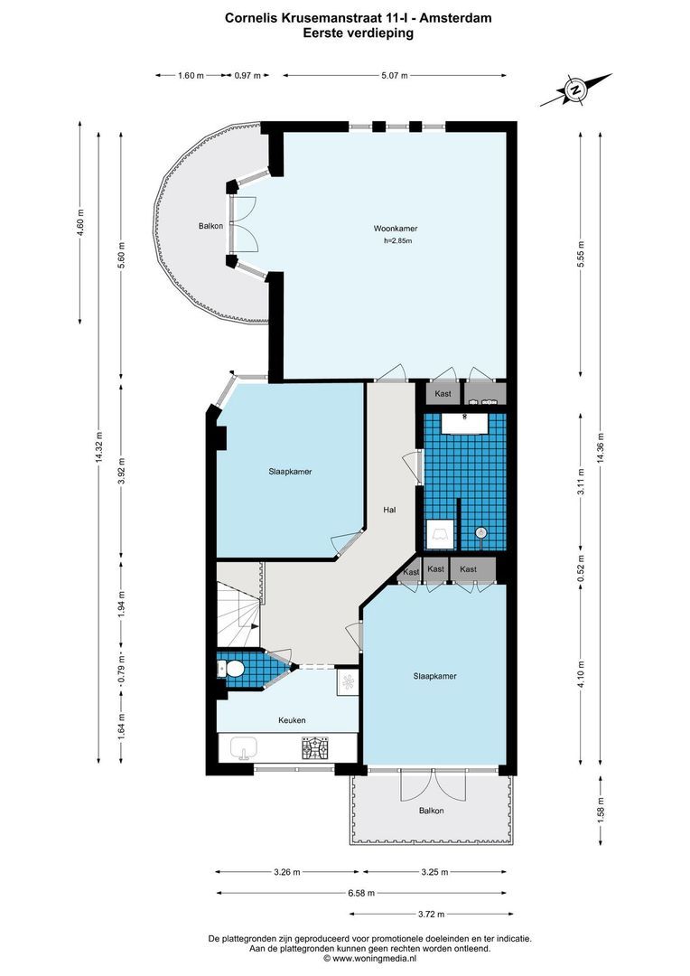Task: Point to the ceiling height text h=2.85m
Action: click(397, 241)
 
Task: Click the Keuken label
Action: click(291, 720)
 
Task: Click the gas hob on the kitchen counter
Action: click(315, 747)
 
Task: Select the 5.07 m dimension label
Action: click(394, 76)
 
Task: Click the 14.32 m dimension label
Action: click(99, 446)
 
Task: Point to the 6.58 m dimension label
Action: click(361, 893)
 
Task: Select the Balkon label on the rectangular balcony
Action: click(431, 811)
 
